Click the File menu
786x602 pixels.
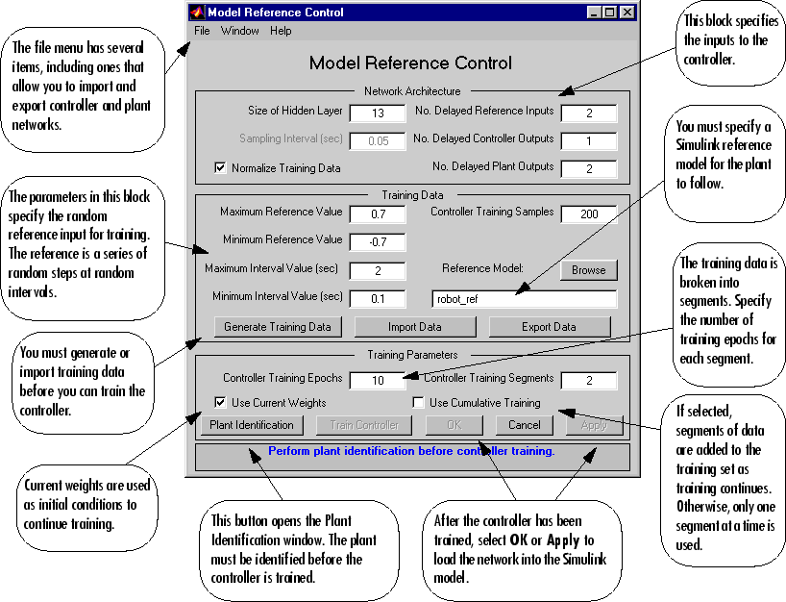[x=202, y=31]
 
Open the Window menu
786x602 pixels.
[x=239, y=31]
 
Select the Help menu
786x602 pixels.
[x=281, y=31]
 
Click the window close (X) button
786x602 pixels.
[x=626, y=13]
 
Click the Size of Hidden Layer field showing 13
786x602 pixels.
[x=378, y=113]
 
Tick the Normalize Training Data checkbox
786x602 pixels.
[x=220, y=168]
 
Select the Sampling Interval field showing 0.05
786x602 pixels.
[x=378, y=140]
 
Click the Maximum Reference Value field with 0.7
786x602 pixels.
[x=378, y=213]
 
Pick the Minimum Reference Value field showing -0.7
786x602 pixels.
[x=378, y=241]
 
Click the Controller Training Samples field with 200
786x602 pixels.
[x=588, y=213]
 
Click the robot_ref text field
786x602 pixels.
[x=524, y=299]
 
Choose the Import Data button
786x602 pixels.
[x=414, y=327]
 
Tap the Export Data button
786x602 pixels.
[x=549, y=327]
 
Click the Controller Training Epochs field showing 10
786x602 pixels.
[x=378, y=380]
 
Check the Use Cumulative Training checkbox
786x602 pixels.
[x=418, y=403]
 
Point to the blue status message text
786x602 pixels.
[x=411, y=450]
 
